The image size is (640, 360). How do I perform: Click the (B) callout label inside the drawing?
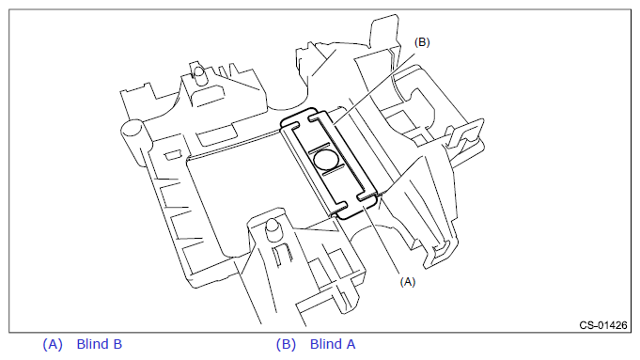pyautogui.click(x=422, y=42)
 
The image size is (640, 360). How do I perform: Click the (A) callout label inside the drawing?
pyautogui.click(x=407, y=282)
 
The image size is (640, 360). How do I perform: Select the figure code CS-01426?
pyautogui.click(x=603, y=325)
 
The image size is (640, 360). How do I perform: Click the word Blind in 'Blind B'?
pyautogui.click(x=92, y=344)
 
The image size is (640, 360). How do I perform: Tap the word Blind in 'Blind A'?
pyautogui.click(x=326, y=344)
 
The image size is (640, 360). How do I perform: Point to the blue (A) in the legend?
pyautogui.click(x=53, y=344)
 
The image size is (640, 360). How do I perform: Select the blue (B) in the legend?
pyautogui.click(x=286, y=344)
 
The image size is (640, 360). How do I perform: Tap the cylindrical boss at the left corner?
pyautogui.click(x=133, y=130)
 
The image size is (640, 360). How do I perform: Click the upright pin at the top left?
pyautogui.click(x=199, y=74)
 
